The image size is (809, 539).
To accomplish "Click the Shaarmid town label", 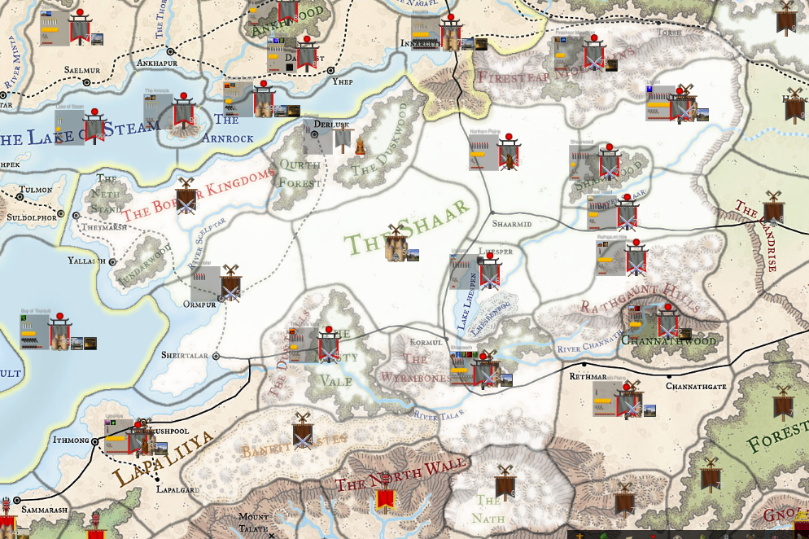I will [512, 222].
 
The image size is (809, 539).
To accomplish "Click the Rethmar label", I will [588, 376].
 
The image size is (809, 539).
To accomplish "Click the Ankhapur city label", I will [153, 61].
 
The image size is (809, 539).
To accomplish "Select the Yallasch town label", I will [87, 261].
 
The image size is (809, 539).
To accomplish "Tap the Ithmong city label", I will [70, 440].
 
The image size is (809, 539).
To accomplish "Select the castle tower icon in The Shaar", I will [396, 244].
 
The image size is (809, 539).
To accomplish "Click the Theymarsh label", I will [104, 228].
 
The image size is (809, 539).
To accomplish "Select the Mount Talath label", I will [253, 522].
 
